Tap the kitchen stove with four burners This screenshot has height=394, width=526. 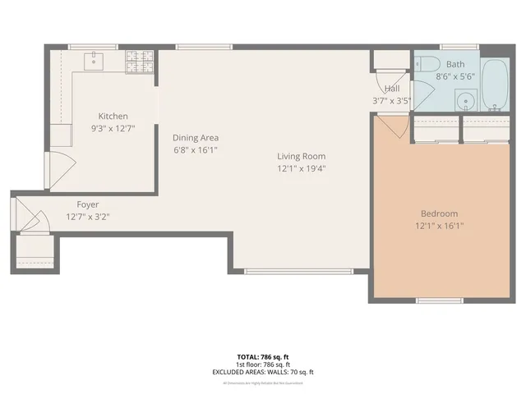pyautogui.click(x=140, y=62)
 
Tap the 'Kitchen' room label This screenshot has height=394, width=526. pyautogui.click(x=113, y=117)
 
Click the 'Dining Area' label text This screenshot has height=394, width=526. pyautogui.click(x=195, y=138)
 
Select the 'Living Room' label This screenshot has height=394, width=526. pyautogui.click(x=301, y=156)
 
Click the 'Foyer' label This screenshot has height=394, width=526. pyautogui.click(x=88, y=204)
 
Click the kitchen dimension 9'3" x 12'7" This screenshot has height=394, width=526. pyautogui.click(x=113, y=128)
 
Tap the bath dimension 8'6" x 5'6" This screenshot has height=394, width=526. pyautogui.click(x=455, y=76)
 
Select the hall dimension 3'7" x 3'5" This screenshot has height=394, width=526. pyautogui.click(x=392, y=101)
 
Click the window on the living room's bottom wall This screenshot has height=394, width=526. pyautogui.click(x=299, y=271)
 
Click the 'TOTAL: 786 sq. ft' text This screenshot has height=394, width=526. pyautogui.click(x=263, y=357)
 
